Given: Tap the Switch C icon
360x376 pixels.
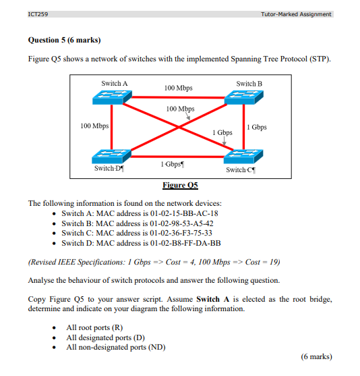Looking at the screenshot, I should (x=245, y=155).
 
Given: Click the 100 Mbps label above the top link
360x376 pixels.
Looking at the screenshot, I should (x=179, y=88).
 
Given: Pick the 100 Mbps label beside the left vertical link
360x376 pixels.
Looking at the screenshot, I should (x=94, y=126).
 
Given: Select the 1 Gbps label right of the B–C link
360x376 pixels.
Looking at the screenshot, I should (x=257, y=127).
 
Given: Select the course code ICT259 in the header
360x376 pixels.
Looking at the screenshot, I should (x=38, y=14).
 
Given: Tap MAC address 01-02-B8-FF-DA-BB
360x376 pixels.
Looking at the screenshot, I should (x=182, y=243).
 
